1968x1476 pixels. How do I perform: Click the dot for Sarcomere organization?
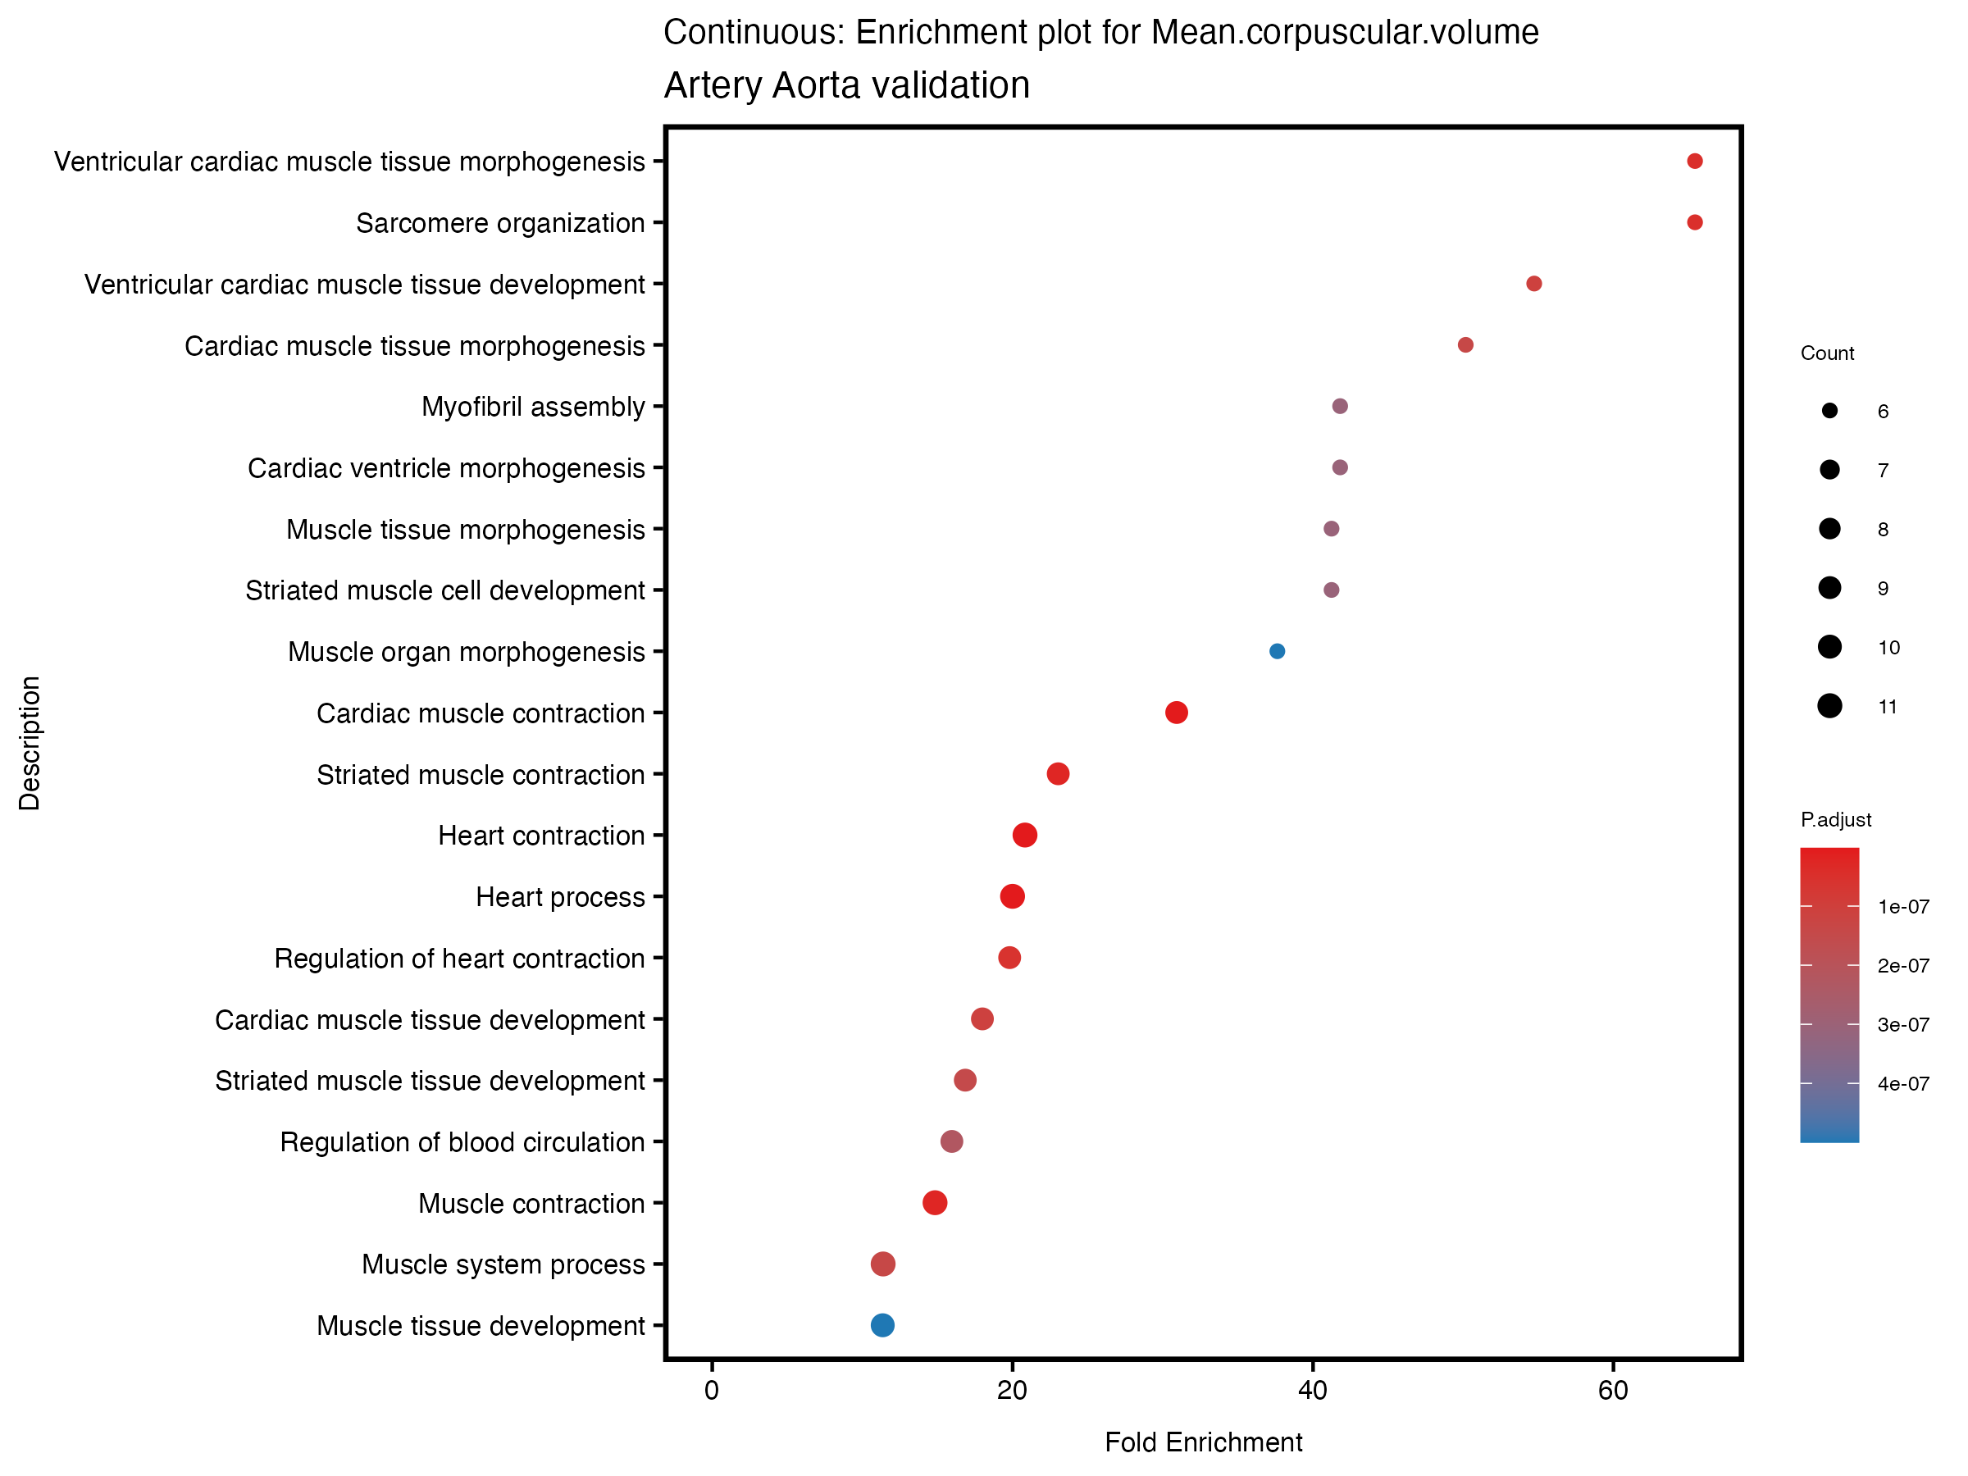point(1694,222)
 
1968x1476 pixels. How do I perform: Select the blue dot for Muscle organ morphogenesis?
point(1277,651)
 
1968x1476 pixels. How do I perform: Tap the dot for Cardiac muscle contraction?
point(1176,713)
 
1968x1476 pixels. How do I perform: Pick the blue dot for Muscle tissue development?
point(882,1326)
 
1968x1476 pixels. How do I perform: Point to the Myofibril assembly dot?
point(1340,407)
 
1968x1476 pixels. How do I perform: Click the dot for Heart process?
point(1013,897)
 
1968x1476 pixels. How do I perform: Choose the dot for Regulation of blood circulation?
point(952,1141)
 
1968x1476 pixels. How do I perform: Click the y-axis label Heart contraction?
point(541,836)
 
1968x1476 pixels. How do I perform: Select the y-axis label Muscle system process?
point(503,1264)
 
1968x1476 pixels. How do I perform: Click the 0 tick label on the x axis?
point(712,1391)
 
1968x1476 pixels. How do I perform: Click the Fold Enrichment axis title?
point(1203,1442)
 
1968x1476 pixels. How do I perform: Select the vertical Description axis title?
point(30,743)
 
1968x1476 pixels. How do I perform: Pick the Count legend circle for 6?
point(1829,411)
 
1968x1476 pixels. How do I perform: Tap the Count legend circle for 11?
point(1829,706)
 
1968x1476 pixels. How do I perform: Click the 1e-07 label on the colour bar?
point(1903,907)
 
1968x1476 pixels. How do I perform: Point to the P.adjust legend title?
point(1835,819)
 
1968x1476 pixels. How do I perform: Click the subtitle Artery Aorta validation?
point(846,85)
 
